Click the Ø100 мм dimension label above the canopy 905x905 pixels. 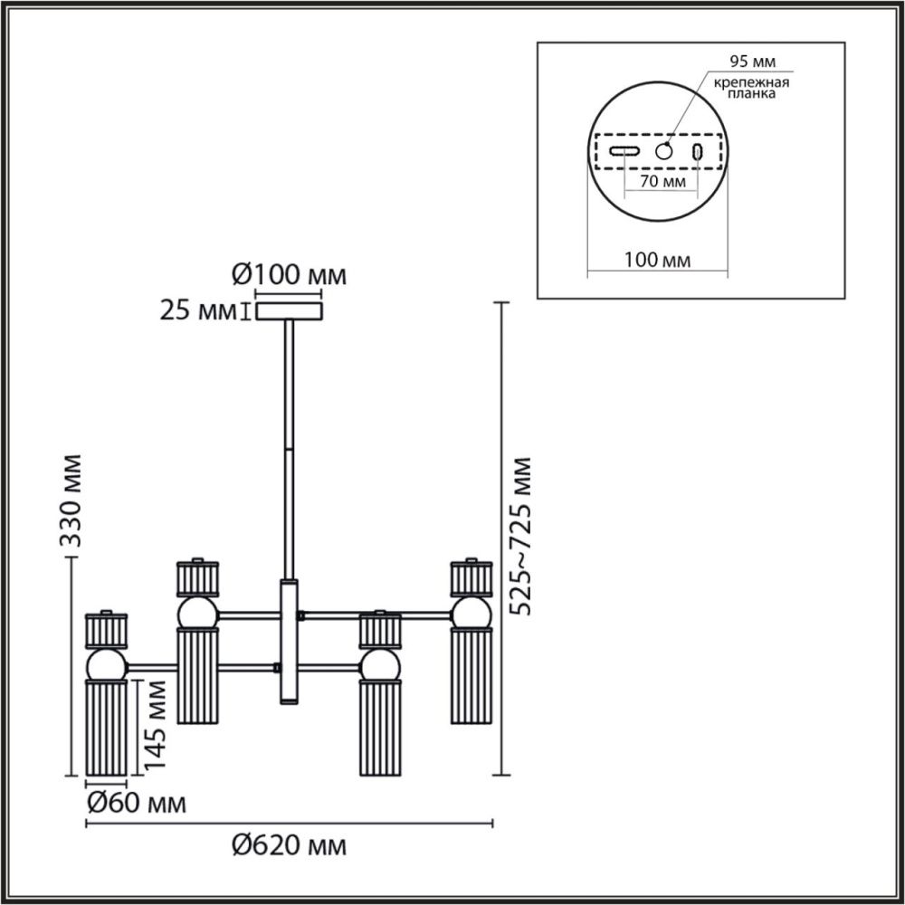pos(289,273)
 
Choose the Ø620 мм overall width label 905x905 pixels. pos(289,847)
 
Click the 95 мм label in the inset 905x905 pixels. pos(752,62)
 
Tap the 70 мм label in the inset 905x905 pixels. pos(661,181)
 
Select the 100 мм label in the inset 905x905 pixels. pos(658,261)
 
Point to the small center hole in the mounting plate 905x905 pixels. pos(664,151)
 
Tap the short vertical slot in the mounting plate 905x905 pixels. pos(698,152)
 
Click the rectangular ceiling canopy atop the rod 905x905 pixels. pos(289,311)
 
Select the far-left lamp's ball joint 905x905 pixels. pos(106,666)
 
